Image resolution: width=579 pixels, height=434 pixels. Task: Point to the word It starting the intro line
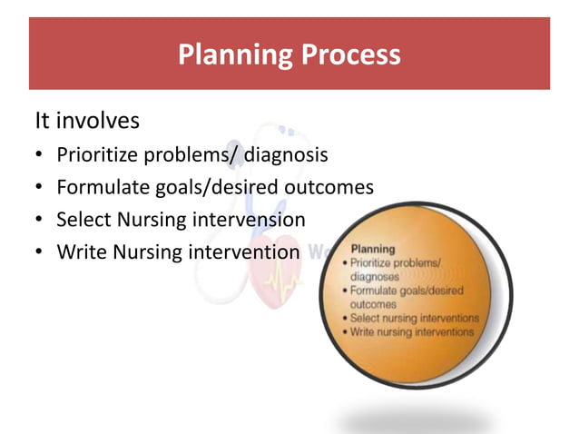[43, 121]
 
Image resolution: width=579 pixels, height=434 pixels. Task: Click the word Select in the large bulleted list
[81, 220]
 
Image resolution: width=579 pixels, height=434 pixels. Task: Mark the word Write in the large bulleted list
[79, 252]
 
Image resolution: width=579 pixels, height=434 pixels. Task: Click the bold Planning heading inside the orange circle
[372, 247]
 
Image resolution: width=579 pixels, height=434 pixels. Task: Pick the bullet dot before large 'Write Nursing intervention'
[41, 252]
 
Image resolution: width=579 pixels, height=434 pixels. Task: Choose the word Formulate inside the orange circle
[378, 291]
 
